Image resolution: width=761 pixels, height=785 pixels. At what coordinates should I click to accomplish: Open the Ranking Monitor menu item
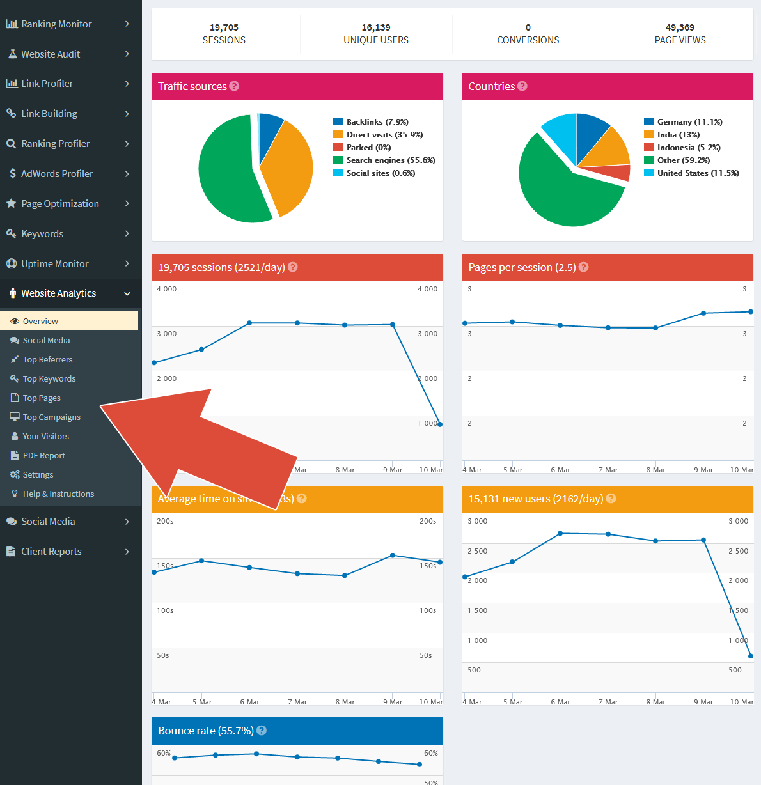pos(56,24)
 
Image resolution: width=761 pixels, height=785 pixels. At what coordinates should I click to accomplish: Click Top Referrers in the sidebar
pos(47,360)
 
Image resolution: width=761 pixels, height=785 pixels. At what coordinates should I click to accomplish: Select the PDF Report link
pos(43,456)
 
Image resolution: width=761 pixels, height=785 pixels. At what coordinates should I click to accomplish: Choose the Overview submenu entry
pos(40,322)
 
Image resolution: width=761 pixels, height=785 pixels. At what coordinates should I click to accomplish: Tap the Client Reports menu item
pos(51,552)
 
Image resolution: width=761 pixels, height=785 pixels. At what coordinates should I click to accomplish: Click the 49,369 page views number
pos(680,27)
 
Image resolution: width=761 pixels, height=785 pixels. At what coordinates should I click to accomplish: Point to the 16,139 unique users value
pos(376,27)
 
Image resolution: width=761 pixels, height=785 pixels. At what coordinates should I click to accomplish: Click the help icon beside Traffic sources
pos(235,86)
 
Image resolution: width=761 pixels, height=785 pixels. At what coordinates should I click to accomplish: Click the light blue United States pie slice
pos(560,131)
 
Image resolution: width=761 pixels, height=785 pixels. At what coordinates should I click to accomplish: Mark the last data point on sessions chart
pos(440,424)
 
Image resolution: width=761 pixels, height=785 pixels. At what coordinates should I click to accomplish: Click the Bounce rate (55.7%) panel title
pos(205,731)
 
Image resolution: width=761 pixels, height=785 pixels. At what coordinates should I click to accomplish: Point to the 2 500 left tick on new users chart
pos(478,551)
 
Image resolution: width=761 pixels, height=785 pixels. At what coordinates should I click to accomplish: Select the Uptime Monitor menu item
pos(54,264)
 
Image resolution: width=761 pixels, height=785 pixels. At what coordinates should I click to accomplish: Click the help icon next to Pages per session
pos(584,267)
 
